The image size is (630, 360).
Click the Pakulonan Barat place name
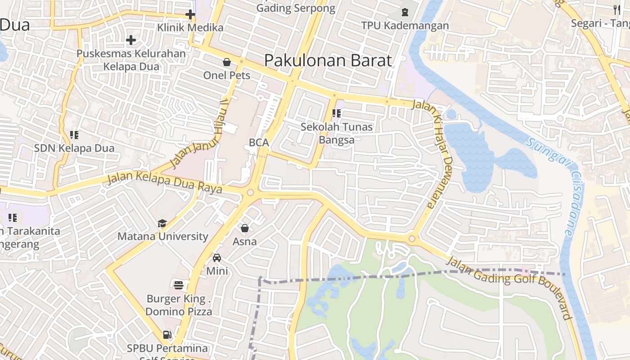[328, 60]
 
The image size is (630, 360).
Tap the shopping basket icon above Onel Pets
[227, 62]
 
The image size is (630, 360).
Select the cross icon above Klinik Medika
[190, 14]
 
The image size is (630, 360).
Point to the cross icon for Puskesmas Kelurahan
[131, 40]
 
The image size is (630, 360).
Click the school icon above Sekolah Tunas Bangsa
[337, 113]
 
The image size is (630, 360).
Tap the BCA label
[259, 143]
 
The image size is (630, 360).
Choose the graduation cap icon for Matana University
[162, 224]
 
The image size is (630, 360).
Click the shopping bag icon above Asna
[245, 228]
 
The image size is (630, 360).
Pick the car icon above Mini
[217, 258]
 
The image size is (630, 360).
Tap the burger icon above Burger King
[179, 285]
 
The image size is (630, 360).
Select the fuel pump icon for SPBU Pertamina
[167, 335]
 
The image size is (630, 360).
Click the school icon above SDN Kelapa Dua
[74, 135]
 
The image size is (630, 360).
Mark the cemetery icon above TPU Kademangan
[405, 12]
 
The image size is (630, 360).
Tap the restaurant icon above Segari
[616, 9]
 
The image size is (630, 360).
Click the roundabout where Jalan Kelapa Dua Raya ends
[250, 193]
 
